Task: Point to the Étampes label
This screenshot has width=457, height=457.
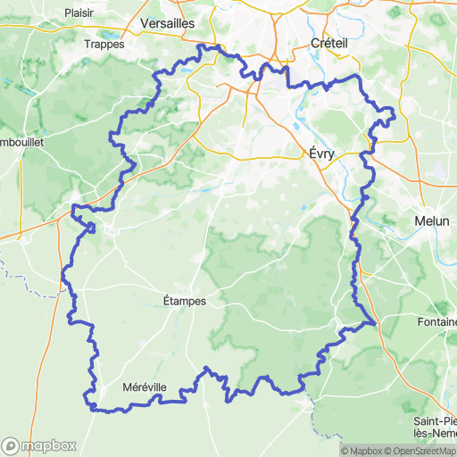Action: [186, 301]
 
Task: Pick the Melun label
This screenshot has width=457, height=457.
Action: [432, 220]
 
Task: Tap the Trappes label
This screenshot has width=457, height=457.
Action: [103, 44]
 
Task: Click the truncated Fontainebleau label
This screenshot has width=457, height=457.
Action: [436, 321]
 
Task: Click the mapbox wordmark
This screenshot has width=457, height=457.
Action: [48, 445]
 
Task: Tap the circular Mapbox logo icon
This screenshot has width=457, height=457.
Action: [12, 445]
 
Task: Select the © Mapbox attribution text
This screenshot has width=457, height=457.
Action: [360, 450]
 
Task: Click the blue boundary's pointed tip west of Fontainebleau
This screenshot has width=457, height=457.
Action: [376, 324]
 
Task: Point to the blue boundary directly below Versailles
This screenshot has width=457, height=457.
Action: [204, 46]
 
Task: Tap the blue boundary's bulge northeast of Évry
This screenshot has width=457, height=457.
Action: [390, 112]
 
